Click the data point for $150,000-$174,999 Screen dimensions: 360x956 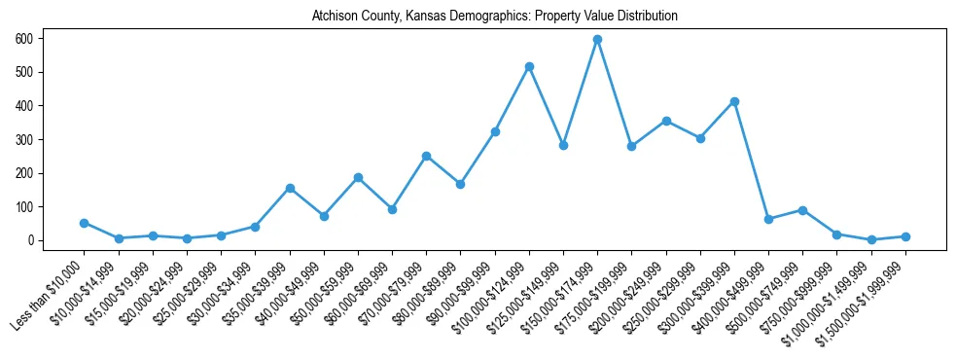[x=597, y=39]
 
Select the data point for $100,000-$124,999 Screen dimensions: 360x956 [x=529, y=66]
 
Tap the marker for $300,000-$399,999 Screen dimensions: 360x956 [x=734, y=101]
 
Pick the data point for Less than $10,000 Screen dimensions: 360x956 [x=84, y=223]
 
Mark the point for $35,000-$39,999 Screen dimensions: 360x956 [x=290, y=188]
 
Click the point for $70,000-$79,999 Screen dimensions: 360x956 [x=426, y=156]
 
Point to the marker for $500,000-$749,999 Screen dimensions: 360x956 [x=802, y=210]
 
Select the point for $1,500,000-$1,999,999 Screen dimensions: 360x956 [x=905, y=236]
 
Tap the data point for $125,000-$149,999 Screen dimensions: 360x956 [x=563, y=145]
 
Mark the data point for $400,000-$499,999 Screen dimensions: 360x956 [x=768, y=219]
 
